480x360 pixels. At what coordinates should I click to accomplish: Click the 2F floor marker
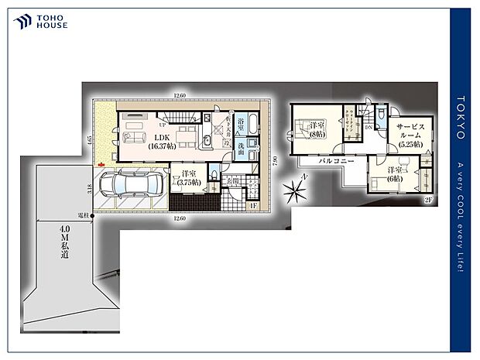pyautogui.click(x=427, y=200)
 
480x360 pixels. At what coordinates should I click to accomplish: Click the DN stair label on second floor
pyautogui.click(x=369, y=129)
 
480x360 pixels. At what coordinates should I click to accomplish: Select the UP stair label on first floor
pyautogui.click(x=163, y=124)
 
